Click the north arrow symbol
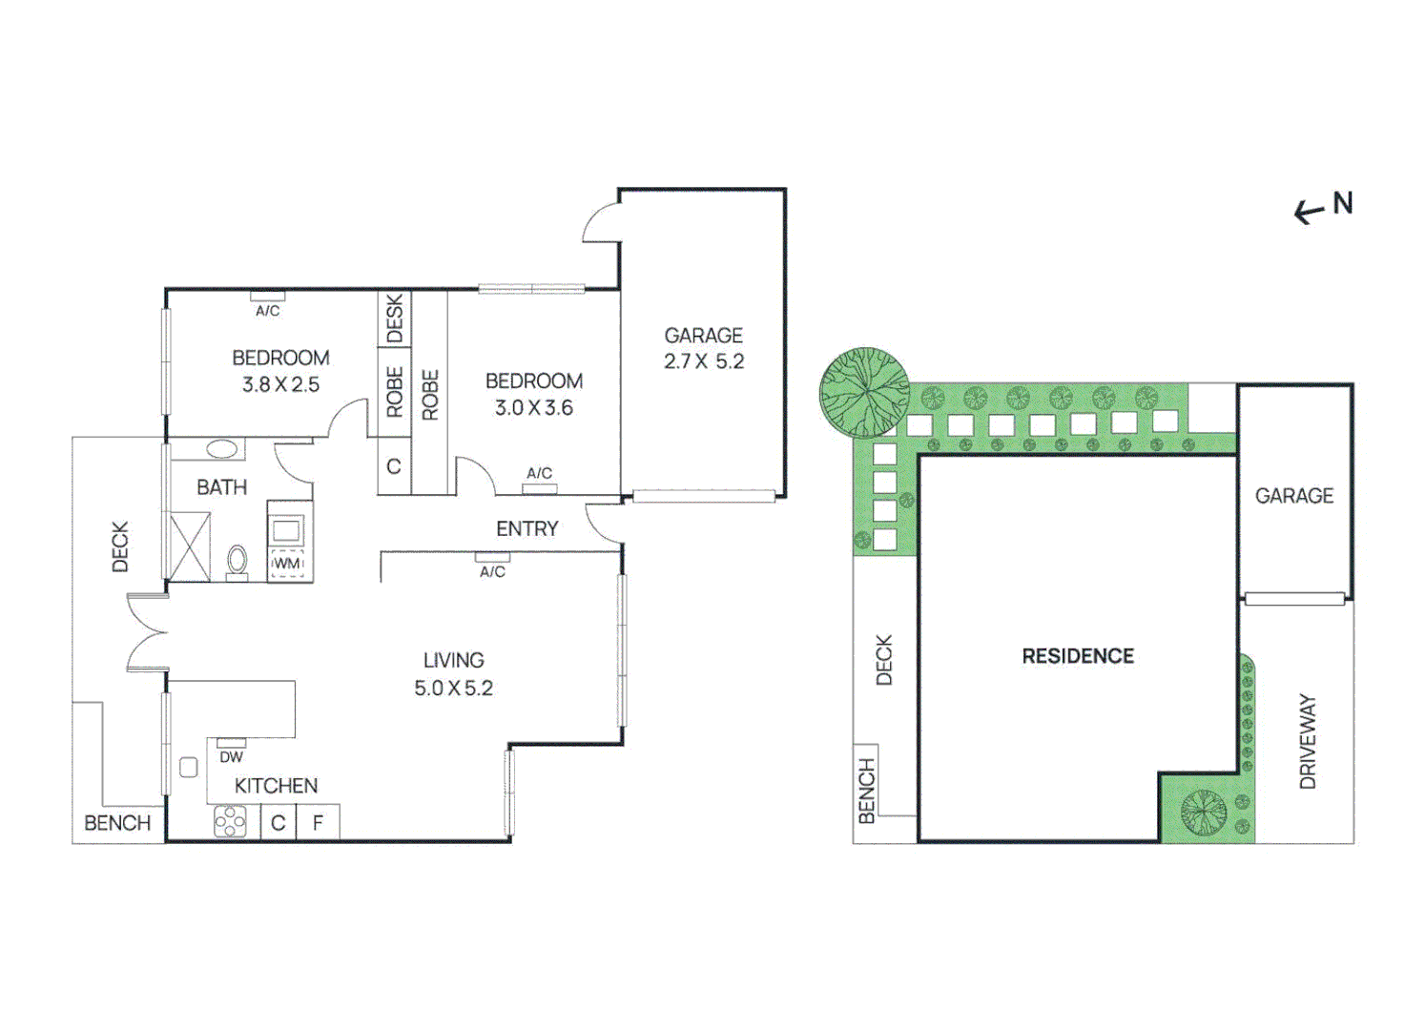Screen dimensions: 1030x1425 click(1310, 212)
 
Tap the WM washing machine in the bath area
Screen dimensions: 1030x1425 click(287, 563)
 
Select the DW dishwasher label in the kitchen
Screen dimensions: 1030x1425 click(231, 757)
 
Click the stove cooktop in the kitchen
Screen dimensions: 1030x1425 click(230, 822)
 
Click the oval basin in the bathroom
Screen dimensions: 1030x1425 click(222, 448)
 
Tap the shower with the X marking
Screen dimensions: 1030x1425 click(189, 546)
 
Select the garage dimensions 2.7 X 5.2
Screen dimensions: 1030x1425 click(704, 361)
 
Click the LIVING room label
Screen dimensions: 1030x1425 click(453, 660)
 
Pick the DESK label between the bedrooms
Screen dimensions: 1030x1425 click(394, 319)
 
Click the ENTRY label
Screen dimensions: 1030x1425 click(527, 528)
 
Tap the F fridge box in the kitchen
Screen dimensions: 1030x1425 click(318, 823)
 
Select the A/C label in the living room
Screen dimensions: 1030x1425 click(492, 571)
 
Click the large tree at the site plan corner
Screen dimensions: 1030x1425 click(864, 392)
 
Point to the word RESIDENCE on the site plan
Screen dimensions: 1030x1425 click(1078, 656)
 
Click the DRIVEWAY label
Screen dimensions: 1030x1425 click(1307, 741)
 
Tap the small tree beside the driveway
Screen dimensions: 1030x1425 click(1203, 813)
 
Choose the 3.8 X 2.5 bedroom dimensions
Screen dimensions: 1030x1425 click(280, 384)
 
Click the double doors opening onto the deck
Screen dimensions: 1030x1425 click(148, 631)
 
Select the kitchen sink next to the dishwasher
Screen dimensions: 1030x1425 click(189, 767)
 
